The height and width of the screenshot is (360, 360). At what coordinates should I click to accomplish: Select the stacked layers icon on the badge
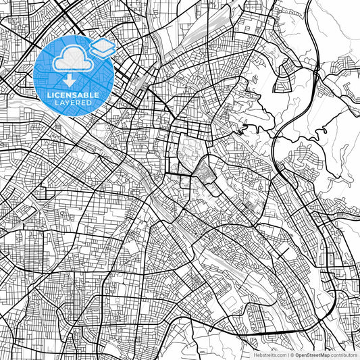pyautogui.click(x=102, y=48)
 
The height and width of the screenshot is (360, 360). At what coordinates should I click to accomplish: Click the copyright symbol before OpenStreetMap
pyautogui.click(x=292, y=354)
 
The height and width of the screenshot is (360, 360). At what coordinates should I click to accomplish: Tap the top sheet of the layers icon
pyautogui.click(x=102, y=45)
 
